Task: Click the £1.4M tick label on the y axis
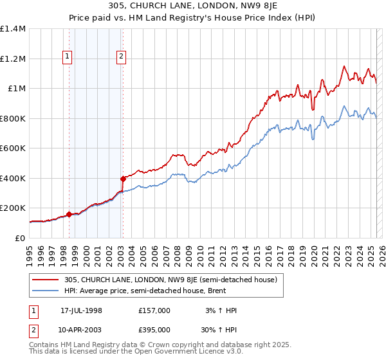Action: coord(13,29)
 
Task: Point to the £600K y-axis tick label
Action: coord(13,148)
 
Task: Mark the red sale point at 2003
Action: coord(122,179)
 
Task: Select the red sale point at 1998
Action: coord(69,215)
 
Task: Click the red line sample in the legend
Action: coord(47,280)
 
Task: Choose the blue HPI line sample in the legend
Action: coord(47,291)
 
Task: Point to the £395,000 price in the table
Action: coord(154,329)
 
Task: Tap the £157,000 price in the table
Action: coord(154,310)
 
